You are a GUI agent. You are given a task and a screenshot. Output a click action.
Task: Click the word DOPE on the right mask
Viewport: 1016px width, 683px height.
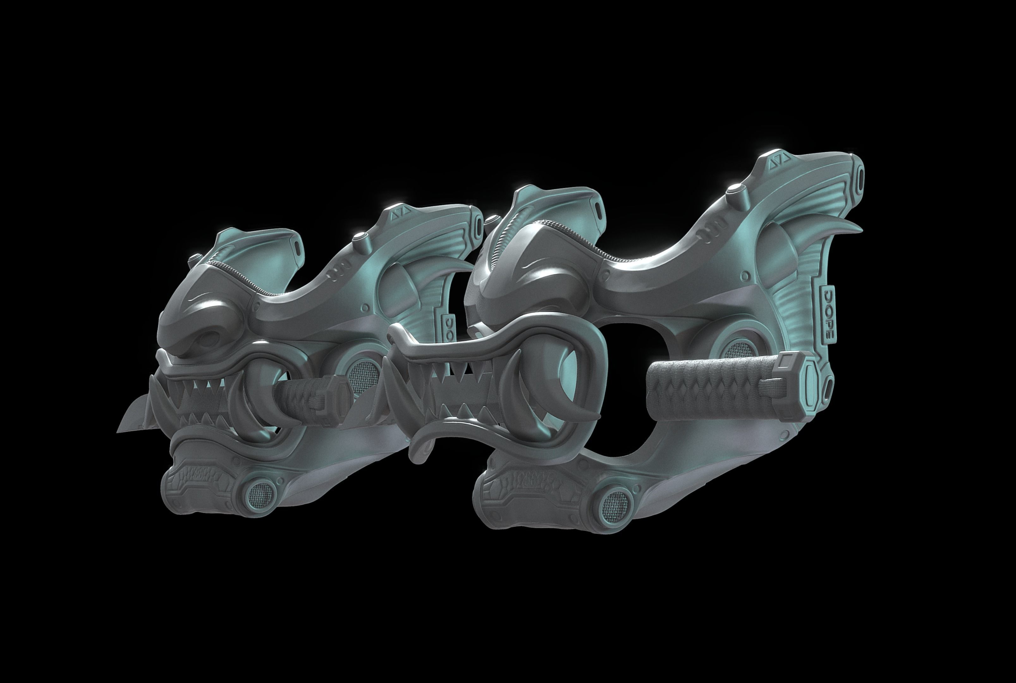(x=827, y=314)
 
